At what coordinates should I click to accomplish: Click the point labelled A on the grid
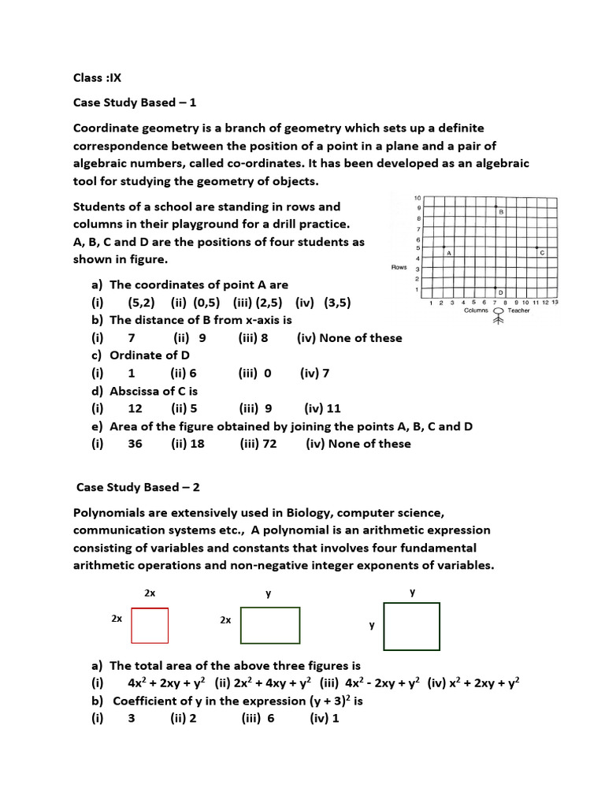point(444,247)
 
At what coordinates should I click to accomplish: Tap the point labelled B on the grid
point(495,206)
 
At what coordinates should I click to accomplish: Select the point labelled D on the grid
point(495,288)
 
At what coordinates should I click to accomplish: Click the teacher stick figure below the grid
point(497,317)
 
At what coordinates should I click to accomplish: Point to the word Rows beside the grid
point(399,267)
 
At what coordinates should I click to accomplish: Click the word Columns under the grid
point(476,311)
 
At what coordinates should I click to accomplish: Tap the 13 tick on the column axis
point(555,302)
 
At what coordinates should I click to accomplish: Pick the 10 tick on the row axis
point(418,197)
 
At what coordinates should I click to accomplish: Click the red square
point(150,626)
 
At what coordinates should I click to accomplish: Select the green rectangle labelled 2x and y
point(270,626)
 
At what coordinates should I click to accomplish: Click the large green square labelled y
point(411,626)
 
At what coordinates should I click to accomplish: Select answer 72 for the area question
point(252,444)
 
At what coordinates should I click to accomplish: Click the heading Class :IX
point(97,77)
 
